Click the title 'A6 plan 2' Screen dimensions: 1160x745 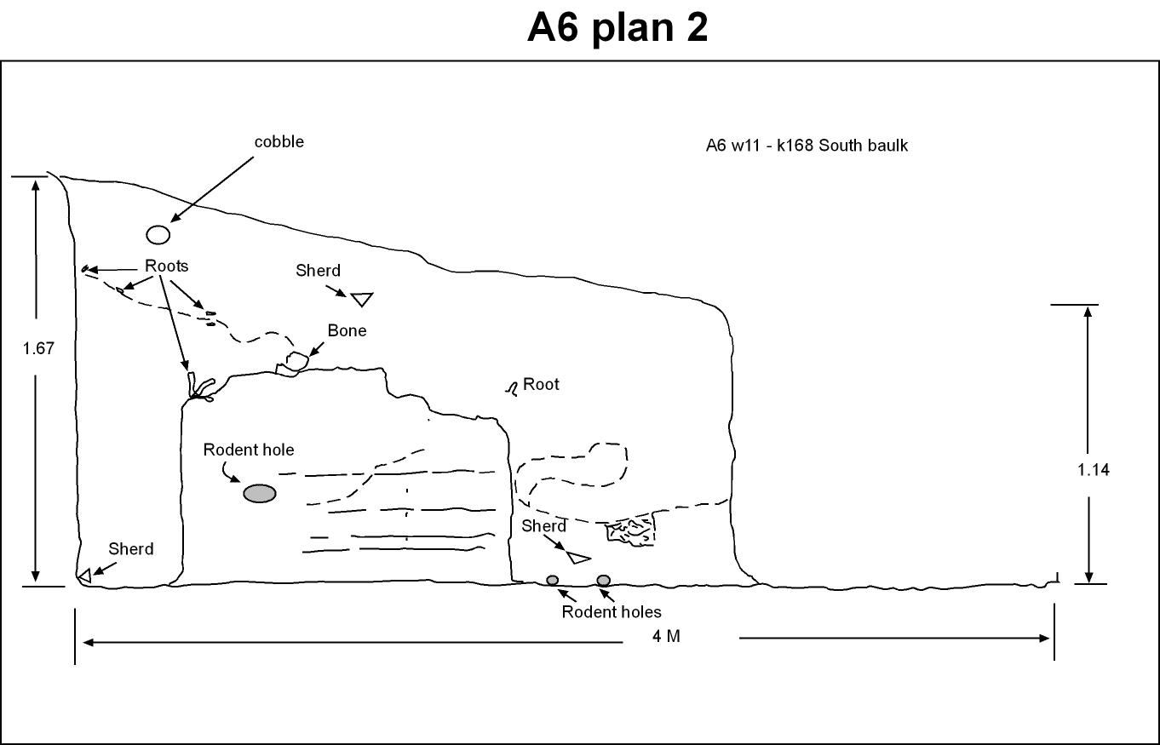[617, 27]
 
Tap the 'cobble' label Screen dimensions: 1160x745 [279, 141]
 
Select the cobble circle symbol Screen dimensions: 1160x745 [158, 234]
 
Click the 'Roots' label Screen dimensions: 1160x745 [166, 266]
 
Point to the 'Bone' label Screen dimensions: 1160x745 [347, 330]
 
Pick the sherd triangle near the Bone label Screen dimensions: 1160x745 [362, 299]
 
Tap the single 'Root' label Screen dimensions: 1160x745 [541, 384]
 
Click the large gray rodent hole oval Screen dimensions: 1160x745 [260, 493]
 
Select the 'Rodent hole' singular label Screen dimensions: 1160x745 [249, 450]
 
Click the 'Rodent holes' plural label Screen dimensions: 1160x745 [612, 612]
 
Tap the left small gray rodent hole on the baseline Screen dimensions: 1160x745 [553, 581]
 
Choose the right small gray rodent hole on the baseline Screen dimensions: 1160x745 [603, 581]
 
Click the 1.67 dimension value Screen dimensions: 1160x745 [38, 348]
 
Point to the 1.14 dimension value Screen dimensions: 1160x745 [1094, 470]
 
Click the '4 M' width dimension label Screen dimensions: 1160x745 [666, 636]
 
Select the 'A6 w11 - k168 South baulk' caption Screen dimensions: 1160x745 [807, 146]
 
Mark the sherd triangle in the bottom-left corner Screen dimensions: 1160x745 [85, 576]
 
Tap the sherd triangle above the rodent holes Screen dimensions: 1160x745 [577, 557]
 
